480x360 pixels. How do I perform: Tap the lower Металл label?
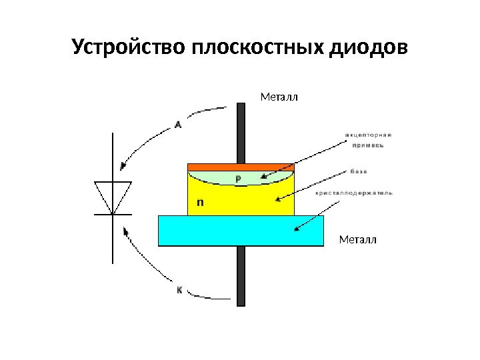(358, 239)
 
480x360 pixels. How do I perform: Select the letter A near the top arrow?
(178, 123)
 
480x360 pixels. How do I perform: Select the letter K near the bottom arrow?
(179, 291)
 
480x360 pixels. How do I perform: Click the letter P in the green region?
(239, 179)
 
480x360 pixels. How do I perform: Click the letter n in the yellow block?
(199, 201)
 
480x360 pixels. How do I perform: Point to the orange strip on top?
(241, 167)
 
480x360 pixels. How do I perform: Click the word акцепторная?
(368, 135)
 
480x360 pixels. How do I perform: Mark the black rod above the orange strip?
(241, 133)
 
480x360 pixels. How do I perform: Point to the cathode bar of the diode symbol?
(112, 214)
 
